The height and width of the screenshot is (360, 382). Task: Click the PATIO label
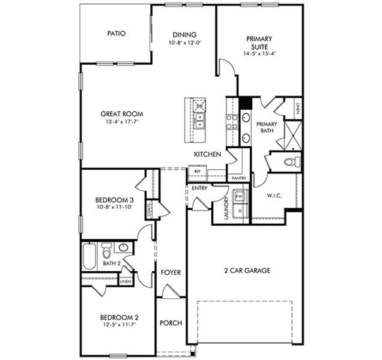pyautogui.click(x=116, y=34)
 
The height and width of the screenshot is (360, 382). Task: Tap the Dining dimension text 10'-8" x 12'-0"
pyautogui.click(x=184, y=43)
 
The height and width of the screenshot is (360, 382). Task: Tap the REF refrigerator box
pyautogui.click(x=197, y=172)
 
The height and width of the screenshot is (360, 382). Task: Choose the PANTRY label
pyautogui.click(x=238, y=178)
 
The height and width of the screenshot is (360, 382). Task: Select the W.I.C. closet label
pyautogui.click(x=274, y=196)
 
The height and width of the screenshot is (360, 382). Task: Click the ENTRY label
pyautogui.click(x=199, y=188)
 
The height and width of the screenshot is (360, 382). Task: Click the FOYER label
pyautogui.click(x=171, y=273)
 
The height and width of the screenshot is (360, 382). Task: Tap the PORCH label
pyautogui.click(x=171, y=323)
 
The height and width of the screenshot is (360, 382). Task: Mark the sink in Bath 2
pyautogui.click(x=124, y=248)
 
